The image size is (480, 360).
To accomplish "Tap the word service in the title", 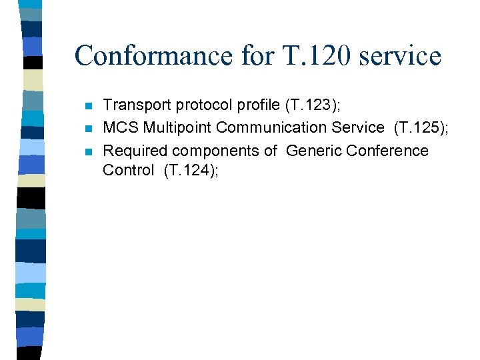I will click(399, 55).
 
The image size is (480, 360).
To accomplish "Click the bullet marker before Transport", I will click(89, 105).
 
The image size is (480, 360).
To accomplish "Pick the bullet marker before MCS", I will click(89, 128).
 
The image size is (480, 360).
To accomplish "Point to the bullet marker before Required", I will click(89, 151).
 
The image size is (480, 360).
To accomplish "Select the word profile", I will click(255, 104).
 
